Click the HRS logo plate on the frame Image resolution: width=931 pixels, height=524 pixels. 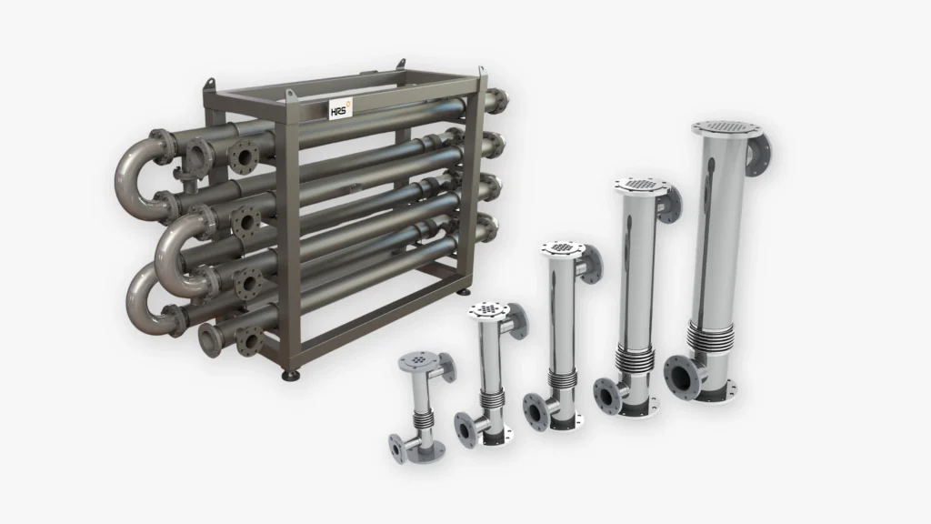(341, 109)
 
